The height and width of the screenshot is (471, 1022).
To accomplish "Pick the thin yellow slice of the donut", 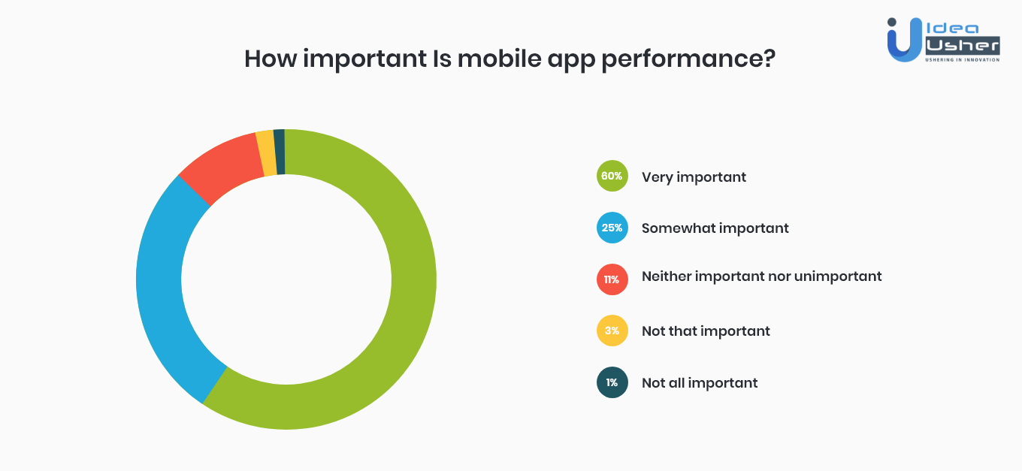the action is (x=267, y=152).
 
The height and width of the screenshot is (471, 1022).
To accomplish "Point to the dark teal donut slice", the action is (x=280, y=152).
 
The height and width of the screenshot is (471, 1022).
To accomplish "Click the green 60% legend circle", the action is (x=612, y=176).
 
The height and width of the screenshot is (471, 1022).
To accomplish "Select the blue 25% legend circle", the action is (x=612, y=228).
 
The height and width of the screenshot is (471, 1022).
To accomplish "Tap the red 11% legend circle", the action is (x=612, y=279).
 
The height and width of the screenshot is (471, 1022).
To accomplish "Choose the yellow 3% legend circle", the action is (x=612, y=331).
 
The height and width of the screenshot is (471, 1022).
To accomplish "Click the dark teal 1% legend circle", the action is (x=612, y=382).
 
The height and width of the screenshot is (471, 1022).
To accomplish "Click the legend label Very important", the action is (x=694, y=177).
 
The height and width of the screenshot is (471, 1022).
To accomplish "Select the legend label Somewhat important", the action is (x=715, y=228).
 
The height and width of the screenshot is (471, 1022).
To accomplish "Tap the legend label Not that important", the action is (x=706, y=331).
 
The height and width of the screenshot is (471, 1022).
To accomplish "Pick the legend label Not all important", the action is (x=700, y=383).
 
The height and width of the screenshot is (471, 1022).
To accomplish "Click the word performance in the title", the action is (x=688, y=60).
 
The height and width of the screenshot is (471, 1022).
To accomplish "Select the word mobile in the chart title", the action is (x=499, y=59).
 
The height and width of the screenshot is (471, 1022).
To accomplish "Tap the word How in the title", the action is (x=271, y=59).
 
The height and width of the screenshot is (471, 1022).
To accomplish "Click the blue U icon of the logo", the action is (x=904, y=40).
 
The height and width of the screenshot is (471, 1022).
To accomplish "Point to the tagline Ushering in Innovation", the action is (x=962, y=60).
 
